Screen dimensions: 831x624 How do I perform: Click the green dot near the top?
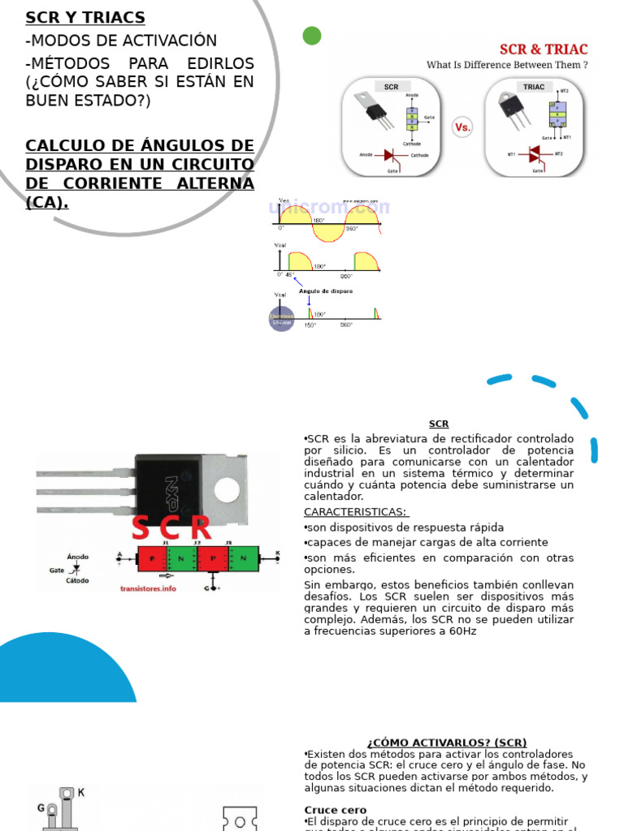point(311,36)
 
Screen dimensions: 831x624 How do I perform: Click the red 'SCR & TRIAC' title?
point(543,50)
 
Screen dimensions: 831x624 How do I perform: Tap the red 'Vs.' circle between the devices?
point(462,127)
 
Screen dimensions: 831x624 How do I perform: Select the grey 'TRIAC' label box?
point(534,86)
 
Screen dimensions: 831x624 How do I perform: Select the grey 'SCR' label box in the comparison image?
point(391,86)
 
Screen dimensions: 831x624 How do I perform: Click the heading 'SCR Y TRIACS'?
point(85,18)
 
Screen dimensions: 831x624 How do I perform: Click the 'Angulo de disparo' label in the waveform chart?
point(325,291)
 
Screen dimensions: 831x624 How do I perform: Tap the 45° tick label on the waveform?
point(290,275)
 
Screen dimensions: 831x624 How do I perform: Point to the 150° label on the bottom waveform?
point(310,325)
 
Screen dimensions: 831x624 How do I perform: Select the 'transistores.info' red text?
point(148,588)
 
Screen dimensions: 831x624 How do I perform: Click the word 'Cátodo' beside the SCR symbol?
point(78,581)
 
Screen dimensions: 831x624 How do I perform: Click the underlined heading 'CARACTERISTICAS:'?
point(356,512)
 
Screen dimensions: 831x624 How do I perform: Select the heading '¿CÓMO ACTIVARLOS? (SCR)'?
point(446,743)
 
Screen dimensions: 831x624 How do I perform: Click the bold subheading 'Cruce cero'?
point(336,810)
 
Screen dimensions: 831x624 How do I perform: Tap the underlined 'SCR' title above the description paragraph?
point(439,424)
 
